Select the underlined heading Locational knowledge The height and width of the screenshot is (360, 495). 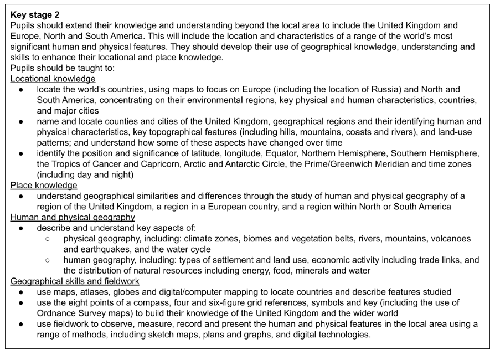(x=53, y=79)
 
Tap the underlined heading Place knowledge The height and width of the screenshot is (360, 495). (x=44, y=186)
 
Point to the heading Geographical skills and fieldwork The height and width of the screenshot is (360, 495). (x=75, y=281)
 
